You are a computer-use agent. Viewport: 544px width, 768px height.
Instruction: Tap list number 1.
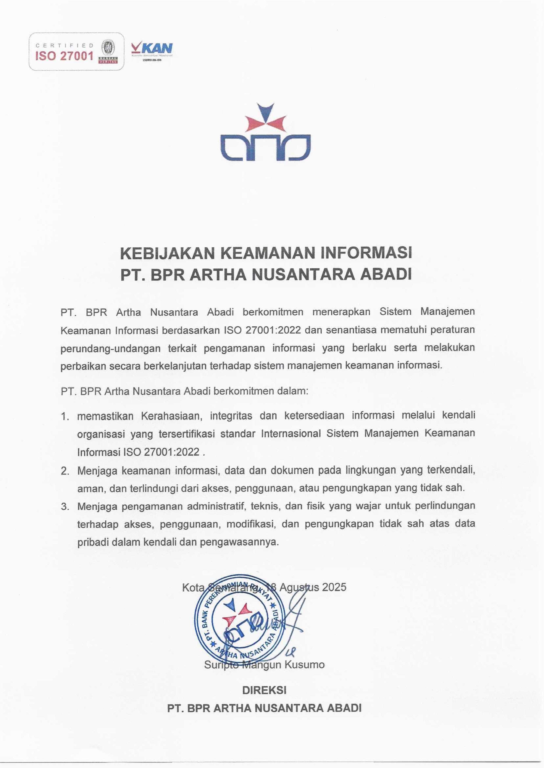click(65, 417)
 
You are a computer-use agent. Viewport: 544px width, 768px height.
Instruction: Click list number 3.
click(65, 506)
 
